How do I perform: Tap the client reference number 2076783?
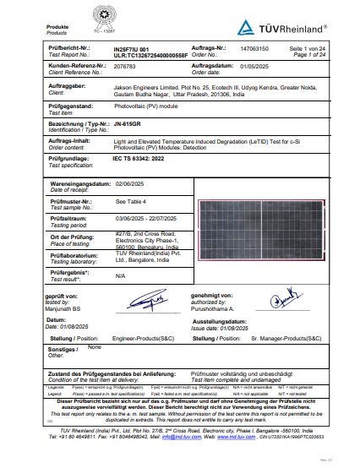point(123,65)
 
